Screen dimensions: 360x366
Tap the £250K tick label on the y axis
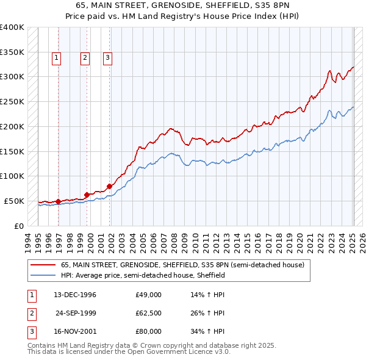coord(12,102)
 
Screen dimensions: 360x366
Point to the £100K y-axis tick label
coord(12,176)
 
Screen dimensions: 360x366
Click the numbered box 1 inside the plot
coord(56,59)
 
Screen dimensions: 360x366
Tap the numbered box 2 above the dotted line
coord(85,59)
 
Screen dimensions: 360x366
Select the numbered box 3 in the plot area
coord(107,59)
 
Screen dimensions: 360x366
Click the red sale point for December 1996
coord(59,201)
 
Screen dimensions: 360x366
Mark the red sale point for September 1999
coord(87,195)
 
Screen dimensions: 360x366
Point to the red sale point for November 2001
coord(110,186)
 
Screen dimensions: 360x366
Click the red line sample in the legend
coord(43,265)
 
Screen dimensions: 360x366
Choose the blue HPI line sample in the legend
coord(43,275)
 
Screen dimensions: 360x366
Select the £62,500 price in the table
coord(148,313)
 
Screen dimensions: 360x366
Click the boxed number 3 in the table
coord(30,331)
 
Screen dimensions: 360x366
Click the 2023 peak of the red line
coord(329,71)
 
